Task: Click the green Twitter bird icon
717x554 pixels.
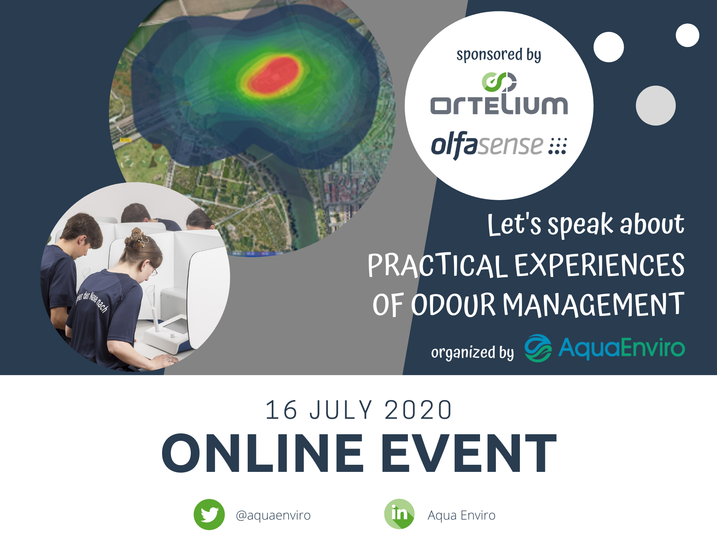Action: point(209,514)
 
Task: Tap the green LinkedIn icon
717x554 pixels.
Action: point(399,514)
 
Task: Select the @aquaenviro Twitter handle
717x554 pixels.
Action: point(273,515)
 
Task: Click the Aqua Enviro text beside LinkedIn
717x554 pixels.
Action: point(461,515)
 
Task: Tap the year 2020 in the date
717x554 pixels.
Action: point(418,409)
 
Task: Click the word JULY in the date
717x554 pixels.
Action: point(341,409)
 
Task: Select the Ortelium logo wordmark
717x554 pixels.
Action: point(499,105)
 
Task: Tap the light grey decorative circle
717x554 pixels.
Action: point(656,105)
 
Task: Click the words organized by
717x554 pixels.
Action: point(473,352)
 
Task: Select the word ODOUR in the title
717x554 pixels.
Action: point(453,305)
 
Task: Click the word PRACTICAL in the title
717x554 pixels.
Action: point(438,265)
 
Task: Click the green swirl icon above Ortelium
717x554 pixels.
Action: point(499,82)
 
